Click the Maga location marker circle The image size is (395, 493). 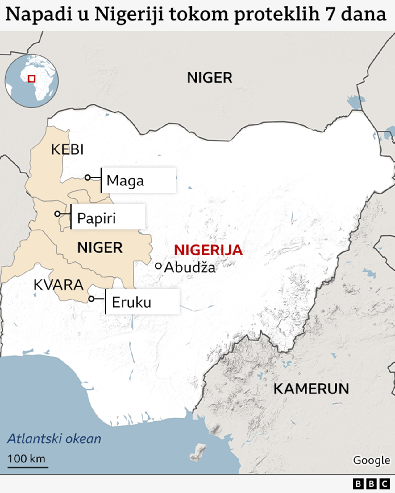pos(88,177)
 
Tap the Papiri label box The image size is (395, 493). pos(108,217)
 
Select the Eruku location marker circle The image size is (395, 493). pos(91,299)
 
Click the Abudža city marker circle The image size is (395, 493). pos(158,266)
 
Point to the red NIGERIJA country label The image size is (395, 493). pos(208,250)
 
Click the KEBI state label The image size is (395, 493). pos(67,150)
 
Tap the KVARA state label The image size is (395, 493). pos(58,285)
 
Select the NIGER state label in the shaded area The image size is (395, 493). pos(100,248)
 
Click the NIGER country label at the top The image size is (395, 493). pos(210,78)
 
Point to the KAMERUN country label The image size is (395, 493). pos(311,389)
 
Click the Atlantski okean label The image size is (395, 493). pos(54,439)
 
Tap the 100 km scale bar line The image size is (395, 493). pos(28,467)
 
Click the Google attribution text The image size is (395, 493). pos(372,460)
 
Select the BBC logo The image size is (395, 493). pos(371,484)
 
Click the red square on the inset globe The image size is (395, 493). pos(31,79)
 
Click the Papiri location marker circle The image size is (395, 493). pos(57,214)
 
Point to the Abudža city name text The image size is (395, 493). pos(190,267)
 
